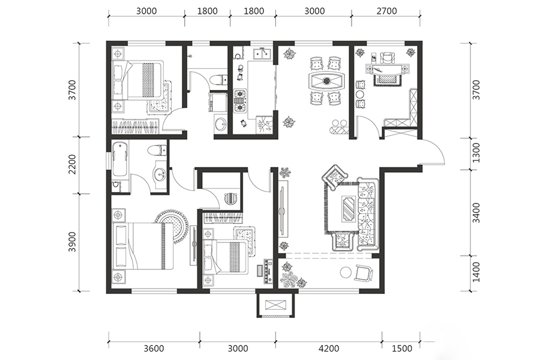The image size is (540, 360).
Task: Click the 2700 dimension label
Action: tap(386, 11)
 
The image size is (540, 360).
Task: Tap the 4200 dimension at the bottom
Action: tap(329, 348)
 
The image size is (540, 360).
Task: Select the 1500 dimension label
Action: tap(402, 348)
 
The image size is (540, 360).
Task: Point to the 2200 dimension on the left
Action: tap(72, 164)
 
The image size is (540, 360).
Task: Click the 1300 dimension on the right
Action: tap(476, 153)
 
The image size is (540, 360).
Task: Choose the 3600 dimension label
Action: tap(154, 348)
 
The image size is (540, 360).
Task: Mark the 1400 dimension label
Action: tap(476, 272)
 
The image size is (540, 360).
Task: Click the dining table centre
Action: tap(326, 81)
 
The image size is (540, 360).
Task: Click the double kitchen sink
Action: tap(262, 54)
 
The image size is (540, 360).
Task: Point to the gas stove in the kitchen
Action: tap(241, 101)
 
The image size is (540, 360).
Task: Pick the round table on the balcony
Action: tap(346, 272)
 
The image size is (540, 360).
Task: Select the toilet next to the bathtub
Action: tap(157, 150)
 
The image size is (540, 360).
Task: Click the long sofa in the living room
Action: tap(367, 214)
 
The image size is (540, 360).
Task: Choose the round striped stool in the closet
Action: tap(231, 199)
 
